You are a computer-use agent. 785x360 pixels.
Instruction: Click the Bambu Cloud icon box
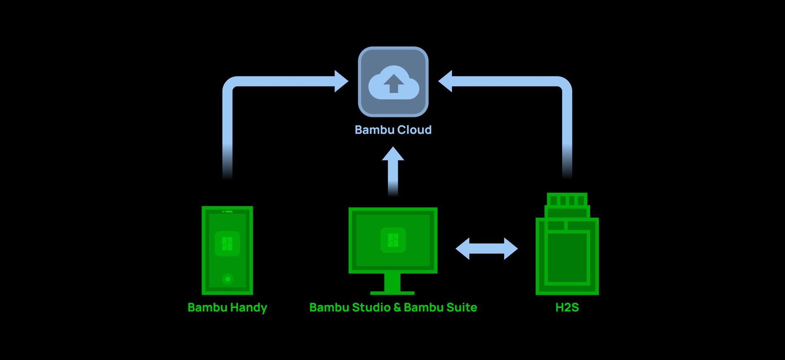(393, 81)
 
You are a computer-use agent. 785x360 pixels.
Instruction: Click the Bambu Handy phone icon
(227, 250)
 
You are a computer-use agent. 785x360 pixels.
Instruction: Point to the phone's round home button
(228, 279)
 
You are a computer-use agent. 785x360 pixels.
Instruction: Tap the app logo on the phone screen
(227, 244)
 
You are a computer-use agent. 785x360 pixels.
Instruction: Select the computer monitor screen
(393, 240)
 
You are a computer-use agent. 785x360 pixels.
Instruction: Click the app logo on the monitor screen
(393, 240)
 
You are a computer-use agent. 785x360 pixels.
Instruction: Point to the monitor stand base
(392, 293)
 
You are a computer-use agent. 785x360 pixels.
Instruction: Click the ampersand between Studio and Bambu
(397, 308)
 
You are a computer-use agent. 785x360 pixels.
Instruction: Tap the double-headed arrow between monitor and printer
(486, 249)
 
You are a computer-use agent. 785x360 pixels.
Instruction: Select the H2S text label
(567, 308)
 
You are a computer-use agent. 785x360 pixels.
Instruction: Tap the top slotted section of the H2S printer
(567, 200)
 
